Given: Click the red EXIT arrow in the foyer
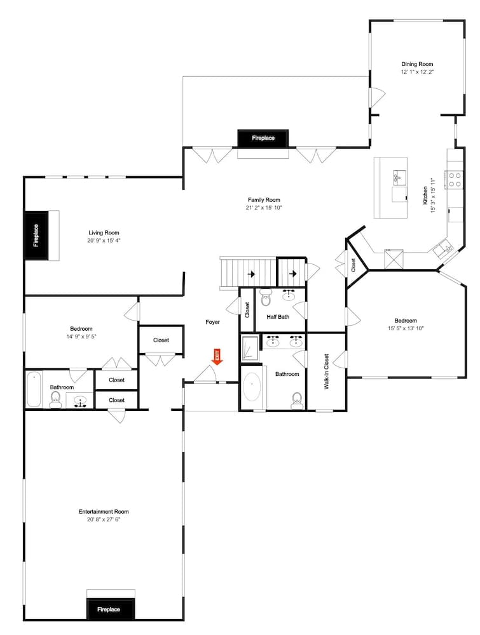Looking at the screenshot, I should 217,357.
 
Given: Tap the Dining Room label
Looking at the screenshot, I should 417,64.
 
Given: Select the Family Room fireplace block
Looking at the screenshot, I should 263,138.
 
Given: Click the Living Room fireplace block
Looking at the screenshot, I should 36,235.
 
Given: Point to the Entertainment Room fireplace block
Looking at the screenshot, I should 109,609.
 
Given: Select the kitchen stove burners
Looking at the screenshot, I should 454,179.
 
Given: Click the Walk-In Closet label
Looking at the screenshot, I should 326,371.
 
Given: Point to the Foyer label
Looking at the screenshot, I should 212,322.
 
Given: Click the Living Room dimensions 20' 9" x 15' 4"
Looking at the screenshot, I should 104,241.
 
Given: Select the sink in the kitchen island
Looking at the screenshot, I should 400,175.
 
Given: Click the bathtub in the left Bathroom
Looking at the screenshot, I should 34,389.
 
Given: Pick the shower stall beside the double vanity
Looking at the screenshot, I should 250,349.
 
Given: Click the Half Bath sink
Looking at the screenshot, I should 289,295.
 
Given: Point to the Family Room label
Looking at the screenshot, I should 263,200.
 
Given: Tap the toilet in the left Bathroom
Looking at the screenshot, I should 56,399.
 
